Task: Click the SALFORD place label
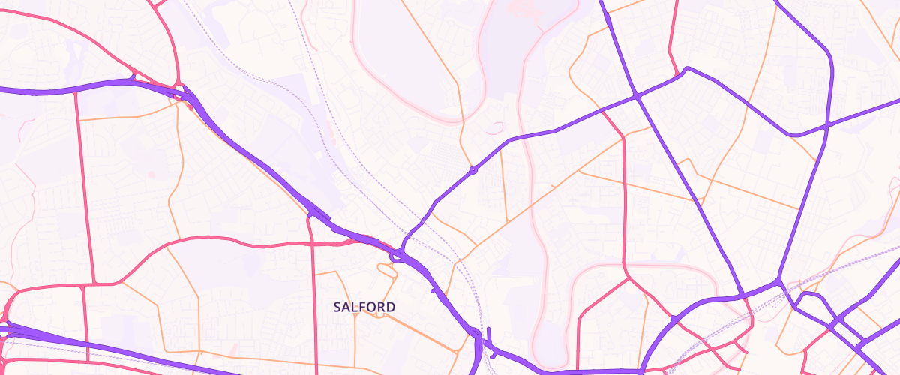364,307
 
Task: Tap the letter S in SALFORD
338,307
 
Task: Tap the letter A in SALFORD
346,307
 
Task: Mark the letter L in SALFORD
355,307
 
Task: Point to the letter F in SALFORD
362,307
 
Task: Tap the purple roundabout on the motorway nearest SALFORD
395,256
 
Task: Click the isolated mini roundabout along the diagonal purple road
474,170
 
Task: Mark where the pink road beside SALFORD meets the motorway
310,217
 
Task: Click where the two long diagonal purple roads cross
637,97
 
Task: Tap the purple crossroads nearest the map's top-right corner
826,125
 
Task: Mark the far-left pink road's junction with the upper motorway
76,91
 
